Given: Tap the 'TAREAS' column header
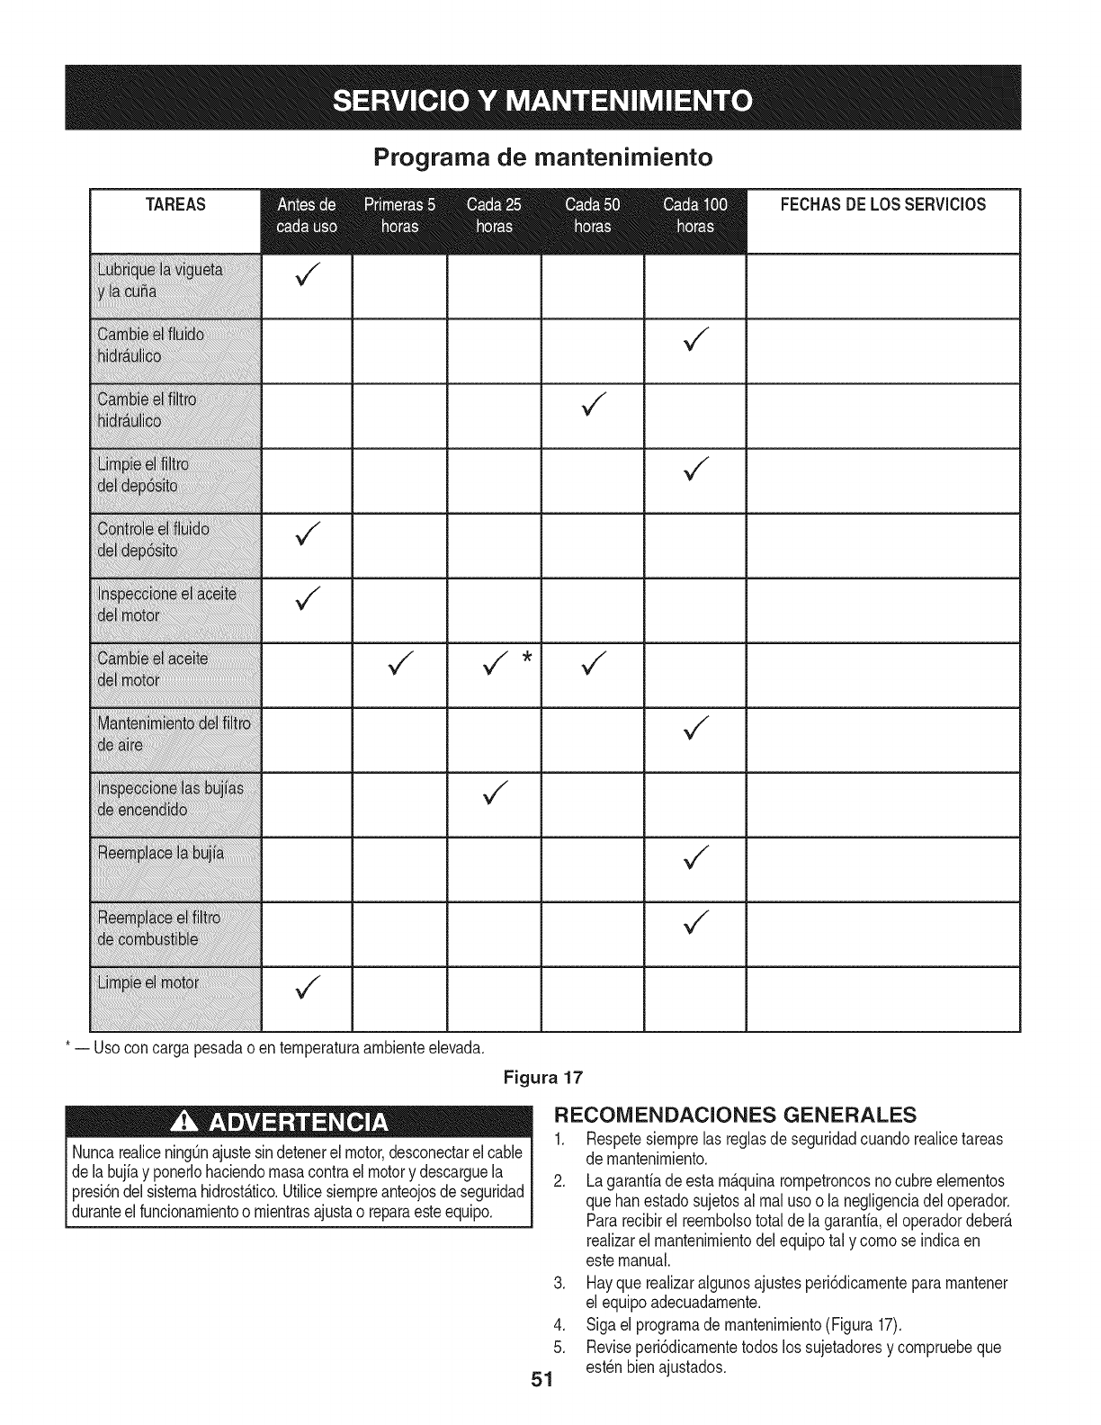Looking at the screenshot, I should (x=175, y=205).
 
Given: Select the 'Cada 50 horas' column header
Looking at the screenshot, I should (x=592, y=214).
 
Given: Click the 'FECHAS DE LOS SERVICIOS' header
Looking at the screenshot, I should (x=882, y=205).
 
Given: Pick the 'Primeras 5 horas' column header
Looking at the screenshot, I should (x=399, y=214).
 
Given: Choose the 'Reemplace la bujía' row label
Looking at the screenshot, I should (x=160, y=852).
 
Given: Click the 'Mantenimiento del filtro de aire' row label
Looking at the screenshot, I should (x=175, y=733).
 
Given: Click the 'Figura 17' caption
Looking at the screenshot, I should (x=550, y=1076).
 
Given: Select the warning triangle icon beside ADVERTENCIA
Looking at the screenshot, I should (x=192, y=1124).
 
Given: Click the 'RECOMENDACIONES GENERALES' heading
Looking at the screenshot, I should (x=735, y=1115).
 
